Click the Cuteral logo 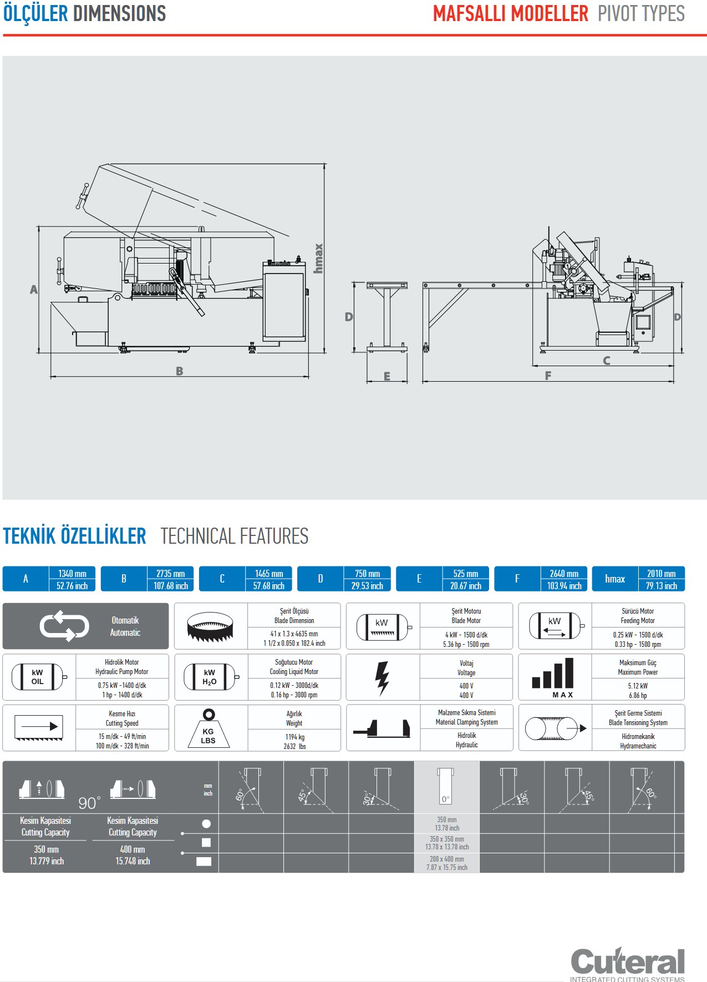[627, 963]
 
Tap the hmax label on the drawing [318, 259]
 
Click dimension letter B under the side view [180, 371]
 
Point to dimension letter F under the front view [548, 376]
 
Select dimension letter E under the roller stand [387, 376]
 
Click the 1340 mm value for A [72, 574]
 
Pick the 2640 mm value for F [564, 574]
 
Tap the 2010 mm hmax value [661, 574]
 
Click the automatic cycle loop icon [64, 626]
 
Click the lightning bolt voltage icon [382, 678]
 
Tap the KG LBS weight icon [208, 728]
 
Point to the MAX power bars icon [553, 677]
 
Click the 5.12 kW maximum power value [638, 686]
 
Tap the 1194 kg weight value [294, 737]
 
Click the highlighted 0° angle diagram [446, 787]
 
